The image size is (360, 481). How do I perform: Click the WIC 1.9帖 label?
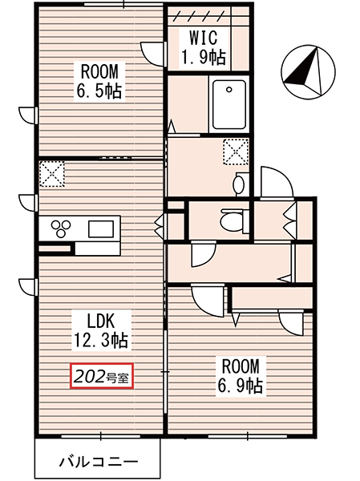click(203, 48)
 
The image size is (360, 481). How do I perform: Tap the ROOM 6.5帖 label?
click(99, 82)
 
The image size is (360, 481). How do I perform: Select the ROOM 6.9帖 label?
click(240, 375)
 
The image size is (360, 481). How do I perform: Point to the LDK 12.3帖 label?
click(101, 330)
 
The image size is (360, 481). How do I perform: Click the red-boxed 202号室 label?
click(102, 376)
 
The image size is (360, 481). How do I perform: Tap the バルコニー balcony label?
click(99, 462)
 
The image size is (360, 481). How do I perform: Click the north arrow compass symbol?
click(308, 72)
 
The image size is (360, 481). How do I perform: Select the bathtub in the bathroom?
click(229, 104)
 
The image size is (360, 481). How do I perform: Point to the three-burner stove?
click(61, 228)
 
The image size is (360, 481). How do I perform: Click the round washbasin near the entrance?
click(238, 184)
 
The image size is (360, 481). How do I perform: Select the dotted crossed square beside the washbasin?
click(236, 152)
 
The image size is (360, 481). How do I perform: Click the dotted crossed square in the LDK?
click(51, 174)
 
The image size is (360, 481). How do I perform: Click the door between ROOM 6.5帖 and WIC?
click(152, 54)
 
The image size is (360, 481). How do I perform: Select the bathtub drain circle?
click(229, 90)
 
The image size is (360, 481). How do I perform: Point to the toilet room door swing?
click(203, 254)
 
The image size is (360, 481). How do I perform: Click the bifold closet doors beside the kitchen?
click(160, 226)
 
